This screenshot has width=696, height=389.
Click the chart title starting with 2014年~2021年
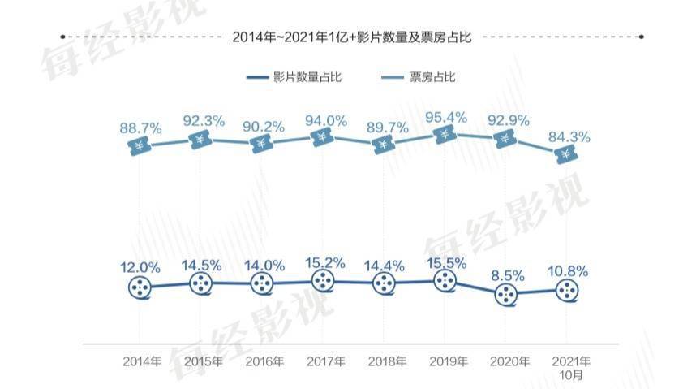click(x=351, y=37)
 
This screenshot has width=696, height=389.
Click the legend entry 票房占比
click(x=421, y=77)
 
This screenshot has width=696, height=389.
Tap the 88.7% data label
click(x=140, y=128)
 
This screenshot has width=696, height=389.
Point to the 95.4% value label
click(x=446, y=117)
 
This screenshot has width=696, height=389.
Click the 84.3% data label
click(x=569, y=137)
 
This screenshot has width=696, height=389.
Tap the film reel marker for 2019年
click(x=445, y=281)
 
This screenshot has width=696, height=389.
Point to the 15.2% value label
click(x=324, y=262)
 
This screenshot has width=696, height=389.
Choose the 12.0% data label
click(x=140, y=267)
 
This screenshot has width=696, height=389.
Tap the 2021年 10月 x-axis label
click(x=570, y=367)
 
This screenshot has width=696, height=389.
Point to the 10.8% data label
click(x=569, y=270)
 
